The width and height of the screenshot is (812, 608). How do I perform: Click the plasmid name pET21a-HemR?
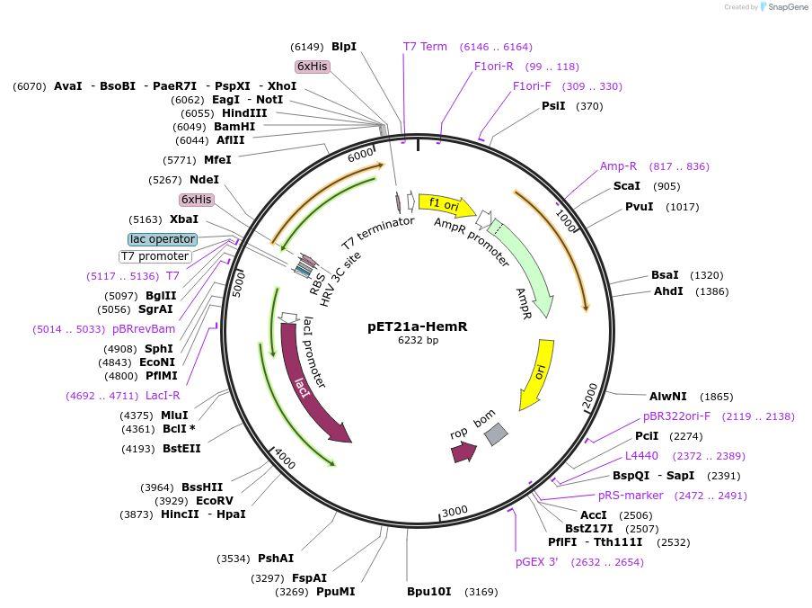click(x=418, y=326)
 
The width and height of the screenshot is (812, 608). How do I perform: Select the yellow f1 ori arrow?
click(x=446, y=204)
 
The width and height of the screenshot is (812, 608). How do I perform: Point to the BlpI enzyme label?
click(x=344, y=46)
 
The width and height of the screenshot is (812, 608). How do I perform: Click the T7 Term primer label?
click(x=425, y=47)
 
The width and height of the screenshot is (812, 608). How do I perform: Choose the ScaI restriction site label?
click(x=626, y=186)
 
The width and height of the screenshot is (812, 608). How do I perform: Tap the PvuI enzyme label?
click(x=639, y=207)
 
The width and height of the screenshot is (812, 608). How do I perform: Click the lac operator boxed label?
click(x=163, y=239)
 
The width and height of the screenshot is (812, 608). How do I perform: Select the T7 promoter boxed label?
click(x=155, y=256)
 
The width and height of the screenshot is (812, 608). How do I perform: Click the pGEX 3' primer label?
click(x=536, y=562)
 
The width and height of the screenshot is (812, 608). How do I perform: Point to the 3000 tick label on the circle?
click(x=455, y=512)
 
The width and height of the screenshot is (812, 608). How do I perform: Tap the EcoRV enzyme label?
click(x=214, y=501)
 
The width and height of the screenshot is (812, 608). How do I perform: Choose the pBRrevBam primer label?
click(x=144, y=329)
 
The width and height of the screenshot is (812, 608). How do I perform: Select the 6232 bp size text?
click(x=418, y=340)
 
